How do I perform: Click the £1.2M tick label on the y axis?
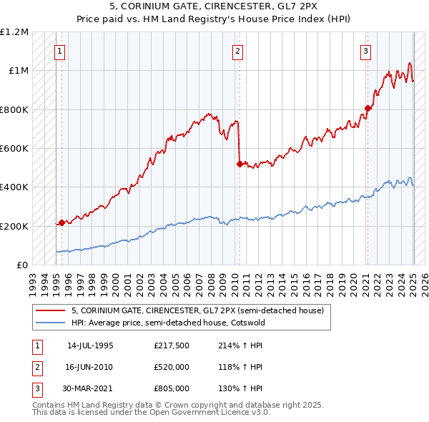(x=14, y=32)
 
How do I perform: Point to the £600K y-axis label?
(x=14, y=148)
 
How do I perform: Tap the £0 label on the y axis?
(x=21, y=265)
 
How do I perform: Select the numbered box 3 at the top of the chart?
(x=365, y=51)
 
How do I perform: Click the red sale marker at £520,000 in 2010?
(x=240, y=164)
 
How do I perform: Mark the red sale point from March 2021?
(x=368, y=109)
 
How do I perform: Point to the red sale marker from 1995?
(x=61, y=222)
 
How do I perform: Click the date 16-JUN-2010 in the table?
(x=89, y=367)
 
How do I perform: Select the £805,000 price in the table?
(x=172, y=388)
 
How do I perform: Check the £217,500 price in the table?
(x=172, y=345)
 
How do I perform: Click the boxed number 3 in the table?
(x=36, y=388)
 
